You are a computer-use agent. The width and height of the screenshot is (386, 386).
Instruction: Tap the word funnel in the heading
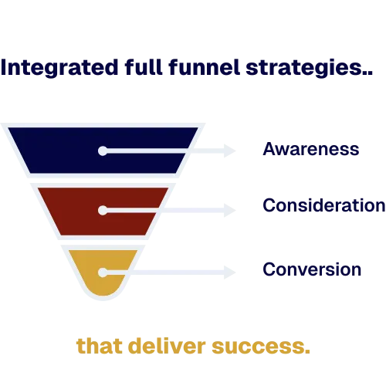pyautogui.click(x=212, y=69)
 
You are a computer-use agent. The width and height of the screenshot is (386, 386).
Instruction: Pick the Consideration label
pyautogui.click(x=323, y=207)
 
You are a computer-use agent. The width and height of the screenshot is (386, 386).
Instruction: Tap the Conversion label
pyautogui.click(x=312, y=270)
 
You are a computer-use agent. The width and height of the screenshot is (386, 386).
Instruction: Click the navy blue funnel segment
pyautogui.click(x=62, y=151)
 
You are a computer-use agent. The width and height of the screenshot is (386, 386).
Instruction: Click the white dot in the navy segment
pyautogui.click(x=103, y=151)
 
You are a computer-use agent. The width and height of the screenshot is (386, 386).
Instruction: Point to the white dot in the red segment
pyautogui.click(x=103, y=209)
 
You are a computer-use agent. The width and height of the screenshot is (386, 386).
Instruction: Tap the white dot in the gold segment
pyautogui.click(x=103, y=271)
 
